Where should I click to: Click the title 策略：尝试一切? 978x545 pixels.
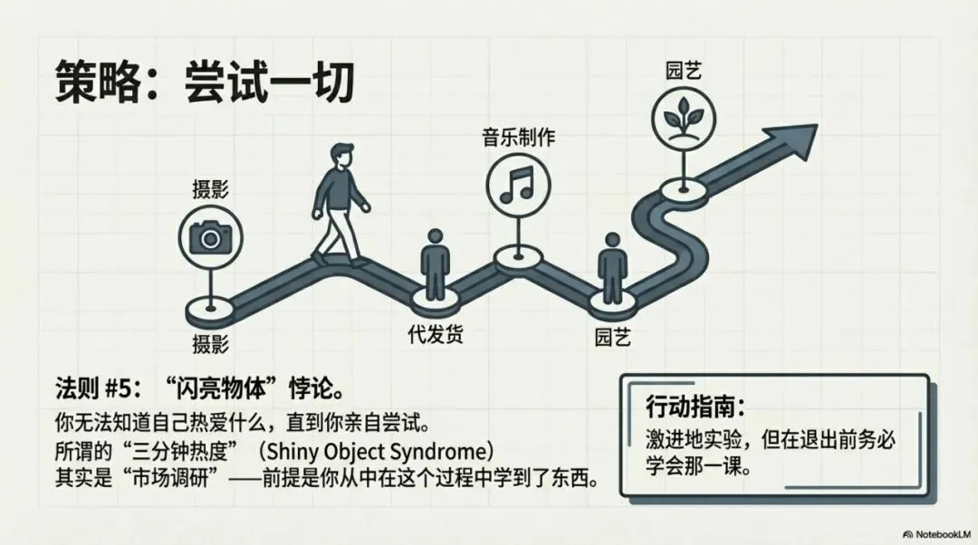click(x=204, y=82)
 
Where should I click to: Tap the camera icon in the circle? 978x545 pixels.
click(x=210, y=237)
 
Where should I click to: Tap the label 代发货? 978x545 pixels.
click(x=436, y=335)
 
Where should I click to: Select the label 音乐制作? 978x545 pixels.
click(x=517, y=138)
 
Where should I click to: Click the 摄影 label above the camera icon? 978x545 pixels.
click(x=210, y=189)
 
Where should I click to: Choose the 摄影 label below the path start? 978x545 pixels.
click(x=210, y=344)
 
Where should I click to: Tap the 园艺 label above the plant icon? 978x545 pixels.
click(x=680, y=69)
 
